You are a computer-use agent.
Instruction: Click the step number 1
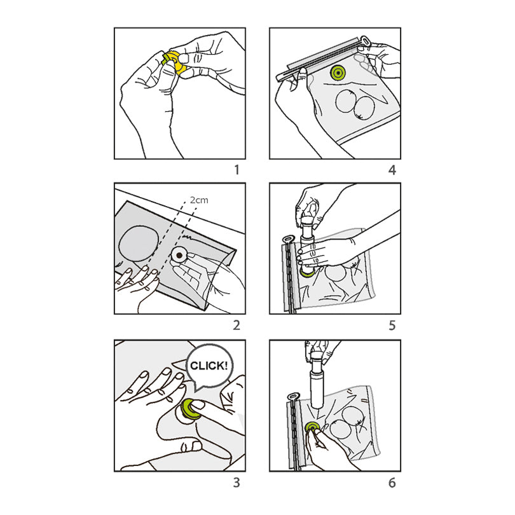(237, 170)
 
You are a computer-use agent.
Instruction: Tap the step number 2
(237, 325)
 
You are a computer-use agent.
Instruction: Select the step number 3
(237, 483)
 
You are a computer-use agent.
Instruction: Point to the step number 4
(392, 170)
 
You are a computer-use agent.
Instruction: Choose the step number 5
(392, 325)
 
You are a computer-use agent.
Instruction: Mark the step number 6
(392, 483)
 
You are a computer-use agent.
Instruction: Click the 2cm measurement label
(199, 200)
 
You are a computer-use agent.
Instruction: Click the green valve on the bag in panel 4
(338, 72)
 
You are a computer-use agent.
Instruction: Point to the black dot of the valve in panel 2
(179, 255)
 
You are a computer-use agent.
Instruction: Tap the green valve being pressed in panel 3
(190, 409)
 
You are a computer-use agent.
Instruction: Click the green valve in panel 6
(312, 428)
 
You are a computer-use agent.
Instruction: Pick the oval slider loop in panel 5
(289, 237)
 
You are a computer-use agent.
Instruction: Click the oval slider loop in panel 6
(293, 395)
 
